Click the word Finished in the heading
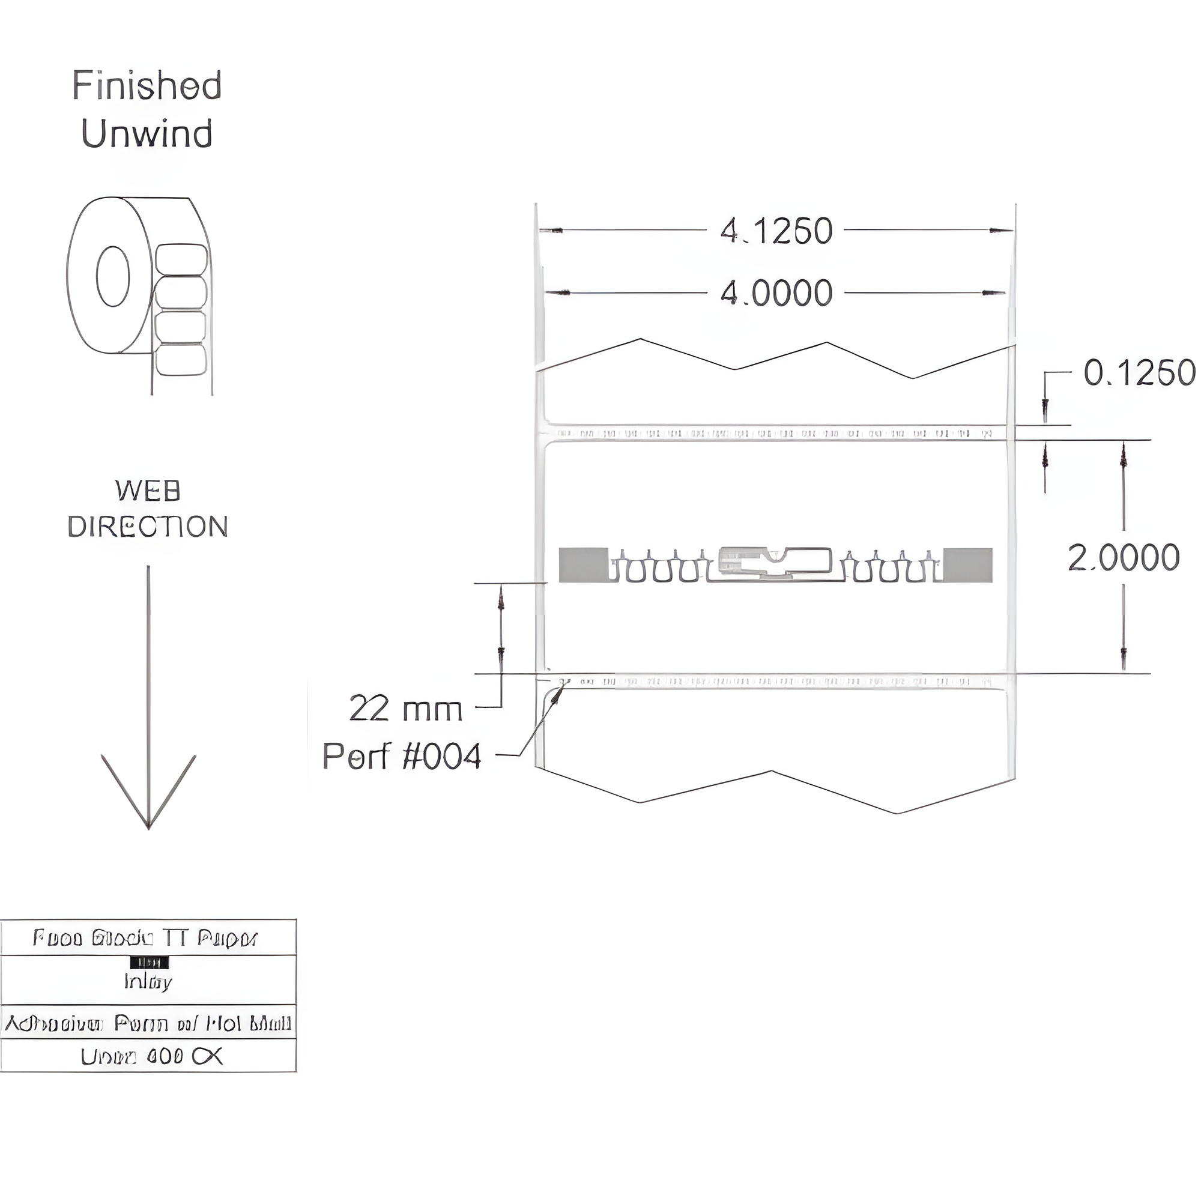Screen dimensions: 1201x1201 coord(147,86)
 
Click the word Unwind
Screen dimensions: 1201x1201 coord(147,134)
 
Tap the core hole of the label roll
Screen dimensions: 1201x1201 coord(113,276)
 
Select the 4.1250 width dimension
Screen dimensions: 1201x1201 coord(776,231)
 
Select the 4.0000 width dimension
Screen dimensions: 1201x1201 coord(776,294)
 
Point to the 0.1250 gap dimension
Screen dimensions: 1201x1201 coord(1139,373)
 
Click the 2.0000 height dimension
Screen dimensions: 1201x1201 coord(1124,558)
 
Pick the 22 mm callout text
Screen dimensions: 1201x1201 coord(405,709)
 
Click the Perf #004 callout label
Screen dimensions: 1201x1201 coord(402,757)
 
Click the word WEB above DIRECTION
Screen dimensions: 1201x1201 coord(148,491)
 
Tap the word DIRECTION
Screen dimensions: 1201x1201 coord(148,527)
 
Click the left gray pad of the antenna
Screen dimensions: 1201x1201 coord(583,565)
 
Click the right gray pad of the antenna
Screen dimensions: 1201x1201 coord(967,565)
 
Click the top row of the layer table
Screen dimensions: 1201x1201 coord(148,937)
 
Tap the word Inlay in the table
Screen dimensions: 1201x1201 coord(148,982)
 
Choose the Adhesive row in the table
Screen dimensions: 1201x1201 coord(148,1023)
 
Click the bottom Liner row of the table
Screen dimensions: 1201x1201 coord(148,1056)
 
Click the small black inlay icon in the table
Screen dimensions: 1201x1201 coord(149,963)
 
